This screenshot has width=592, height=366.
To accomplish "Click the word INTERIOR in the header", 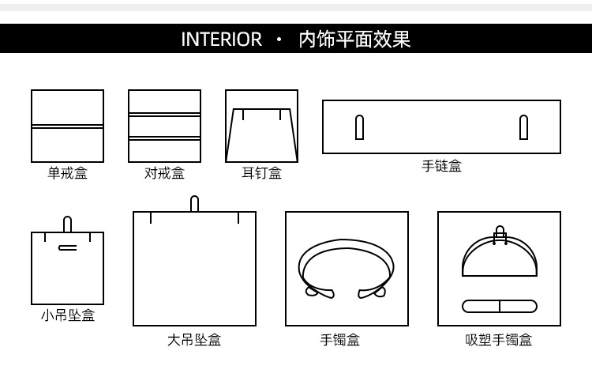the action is [x=221, y=40].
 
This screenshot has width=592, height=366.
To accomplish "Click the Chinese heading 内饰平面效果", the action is [x=354, y=40].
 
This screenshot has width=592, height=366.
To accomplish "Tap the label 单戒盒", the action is [x=67, y=173].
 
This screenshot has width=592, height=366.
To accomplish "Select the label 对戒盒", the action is [x=164, y=173].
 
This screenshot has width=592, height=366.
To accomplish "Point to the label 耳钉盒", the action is [x=261, y=173].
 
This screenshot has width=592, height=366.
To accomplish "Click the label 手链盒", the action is [x=441, y=166].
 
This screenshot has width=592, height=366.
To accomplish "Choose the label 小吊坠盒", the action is [x=67, y=315].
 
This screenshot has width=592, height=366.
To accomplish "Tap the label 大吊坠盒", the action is [x=194, y=340].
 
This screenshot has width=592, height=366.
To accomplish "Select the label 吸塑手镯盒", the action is [x=499, y=340].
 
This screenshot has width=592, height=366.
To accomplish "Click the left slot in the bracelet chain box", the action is [x=359, y=127].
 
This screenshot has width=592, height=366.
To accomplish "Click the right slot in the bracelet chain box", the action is [x=523, y=127].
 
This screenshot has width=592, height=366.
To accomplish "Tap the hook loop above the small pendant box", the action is [x=68, y=224].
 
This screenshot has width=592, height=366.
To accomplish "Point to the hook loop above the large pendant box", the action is [x=194, y=203].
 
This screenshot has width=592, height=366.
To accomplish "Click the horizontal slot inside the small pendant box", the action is [x=68, y=247].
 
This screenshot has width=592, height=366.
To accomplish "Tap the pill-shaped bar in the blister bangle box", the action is [x=499, y=306].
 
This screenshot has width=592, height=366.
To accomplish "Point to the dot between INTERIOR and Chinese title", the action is [x=279, y=40].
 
